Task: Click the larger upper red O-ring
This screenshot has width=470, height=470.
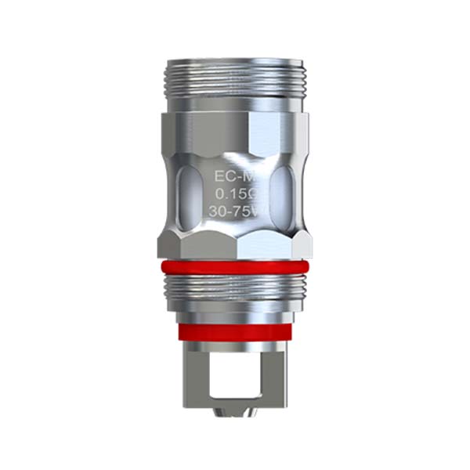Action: [235, 269]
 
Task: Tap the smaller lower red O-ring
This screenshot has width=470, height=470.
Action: [235, 331]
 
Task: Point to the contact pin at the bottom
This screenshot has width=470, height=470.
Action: [235, 415]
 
